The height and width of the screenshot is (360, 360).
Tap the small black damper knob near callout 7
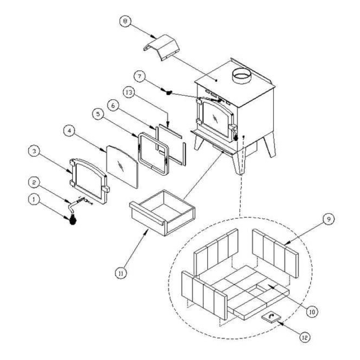[168, 93]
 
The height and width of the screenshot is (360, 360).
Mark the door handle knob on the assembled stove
[236, 137]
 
